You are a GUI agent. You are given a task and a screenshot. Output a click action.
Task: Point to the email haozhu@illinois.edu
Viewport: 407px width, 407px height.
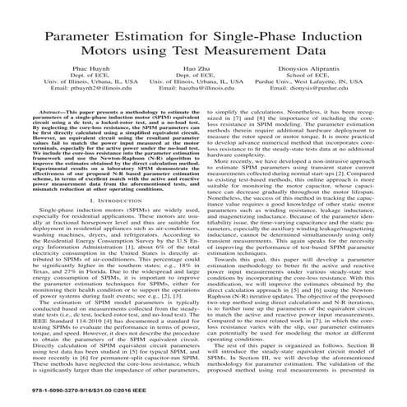(x=202, y=113)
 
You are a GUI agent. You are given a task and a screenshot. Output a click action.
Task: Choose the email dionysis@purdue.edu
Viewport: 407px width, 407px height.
(x=333, y=113)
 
